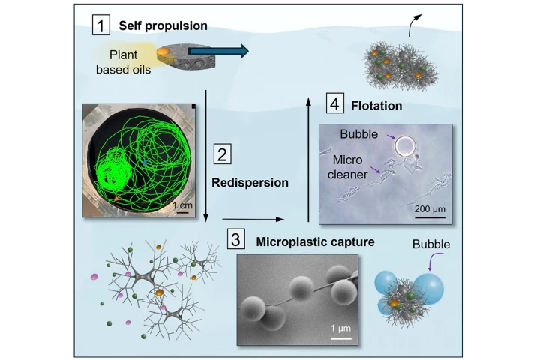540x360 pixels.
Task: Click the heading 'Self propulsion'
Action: tap(163, 26)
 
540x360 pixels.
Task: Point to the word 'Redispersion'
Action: tap(250, 181)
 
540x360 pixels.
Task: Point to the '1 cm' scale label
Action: tap(179, 204)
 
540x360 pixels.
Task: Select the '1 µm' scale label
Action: tap(340, 328)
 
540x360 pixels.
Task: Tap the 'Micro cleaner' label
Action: tap(350, 171)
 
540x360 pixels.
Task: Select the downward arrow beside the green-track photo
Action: tap(205, 157)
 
